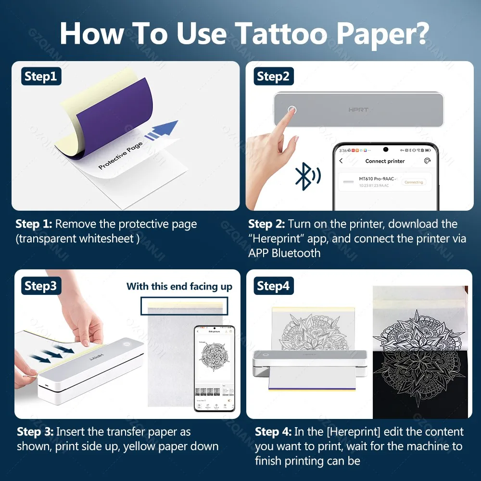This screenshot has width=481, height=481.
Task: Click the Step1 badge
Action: [40, 76]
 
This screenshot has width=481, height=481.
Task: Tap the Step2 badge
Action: [273, 76]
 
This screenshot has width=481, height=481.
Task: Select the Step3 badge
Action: [40, 286]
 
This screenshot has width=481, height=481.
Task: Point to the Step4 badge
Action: [273, 286]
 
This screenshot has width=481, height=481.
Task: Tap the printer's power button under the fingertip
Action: [291, 110]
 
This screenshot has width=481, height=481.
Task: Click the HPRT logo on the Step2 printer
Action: [358, 110]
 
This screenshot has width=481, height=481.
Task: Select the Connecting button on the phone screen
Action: [413, 182]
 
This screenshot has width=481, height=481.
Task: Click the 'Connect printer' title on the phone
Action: [385, 161]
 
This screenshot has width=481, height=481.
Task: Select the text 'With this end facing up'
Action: [179, 287]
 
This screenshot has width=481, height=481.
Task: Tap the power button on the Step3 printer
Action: [127, 344]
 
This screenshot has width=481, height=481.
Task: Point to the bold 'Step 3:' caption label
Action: [35, 431]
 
